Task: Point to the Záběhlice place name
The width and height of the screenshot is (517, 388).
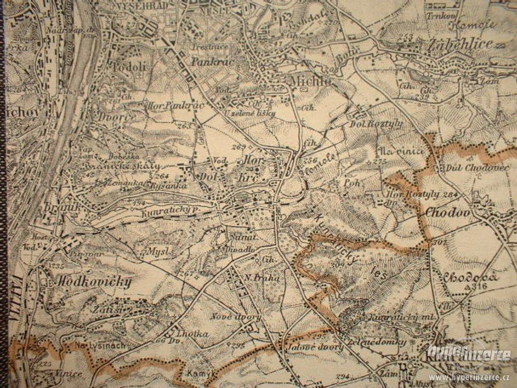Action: (459, 45)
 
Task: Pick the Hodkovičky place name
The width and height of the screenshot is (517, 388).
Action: (94, 282)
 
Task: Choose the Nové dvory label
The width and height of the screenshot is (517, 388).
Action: (236, 317)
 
